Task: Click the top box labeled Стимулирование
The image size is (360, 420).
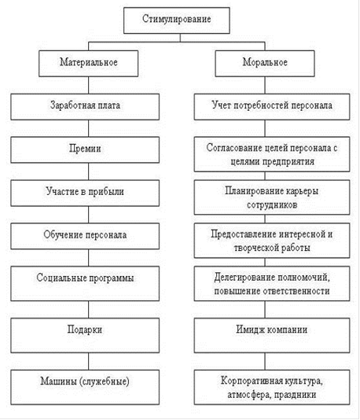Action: click(x=177, y=20)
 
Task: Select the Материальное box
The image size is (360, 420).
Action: click(x=88, y=64)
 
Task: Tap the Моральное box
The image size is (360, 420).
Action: click(x=265, y=64)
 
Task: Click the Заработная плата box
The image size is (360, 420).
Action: click(x=85, y=107)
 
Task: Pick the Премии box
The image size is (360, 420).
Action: click(x=85, y=149)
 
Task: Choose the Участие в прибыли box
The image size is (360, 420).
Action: click(x=85, y=193)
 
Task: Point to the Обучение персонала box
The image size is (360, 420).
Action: click(x=85, y=236)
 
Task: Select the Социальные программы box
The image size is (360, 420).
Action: click(x=85, y=283)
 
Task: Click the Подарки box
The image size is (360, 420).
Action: click(x=85, y=335)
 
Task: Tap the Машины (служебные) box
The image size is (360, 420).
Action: click(x=85, y=387)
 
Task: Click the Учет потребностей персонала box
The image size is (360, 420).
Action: click(x=272, y=107)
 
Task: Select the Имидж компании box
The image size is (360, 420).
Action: click(x=272, y=335)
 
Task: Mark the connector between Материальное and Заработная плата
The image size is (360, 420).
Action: click(x=88, y=85)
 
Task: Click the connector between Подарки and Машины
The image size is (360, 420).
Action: click(x=88, y=361)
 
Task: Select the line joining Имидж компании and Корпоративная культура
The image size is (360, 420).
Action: click(x=265, y=361)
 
